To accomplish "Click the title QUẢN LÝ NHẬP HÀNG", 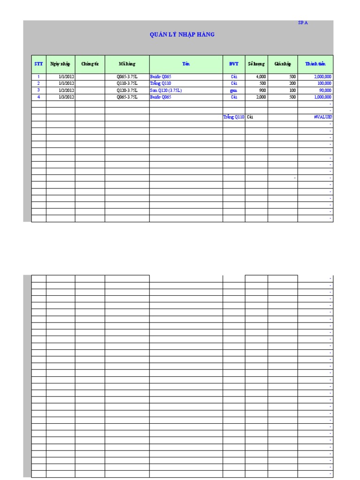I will (182, 35).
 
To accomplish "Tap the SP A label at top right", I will (303, 22).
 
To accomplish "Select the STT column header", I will (38, 64).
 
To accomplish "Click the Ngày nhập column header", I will (60, 64).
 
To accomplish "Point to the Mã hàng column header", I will (127, 64).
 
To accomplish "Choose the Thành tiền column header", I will (315, 64).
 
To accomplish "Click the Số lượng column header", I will (256, 64).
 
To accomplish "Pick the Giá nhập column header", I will (283, 64).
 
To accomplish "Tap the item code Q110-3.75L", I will (127, 83).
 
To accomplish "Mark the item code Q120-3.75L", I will (127, 90).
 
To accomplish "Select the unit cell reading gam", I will (234, 90).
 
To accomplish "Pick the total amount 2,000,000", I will (322, 76).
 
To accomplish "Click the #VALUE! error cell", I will (323, 117).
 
